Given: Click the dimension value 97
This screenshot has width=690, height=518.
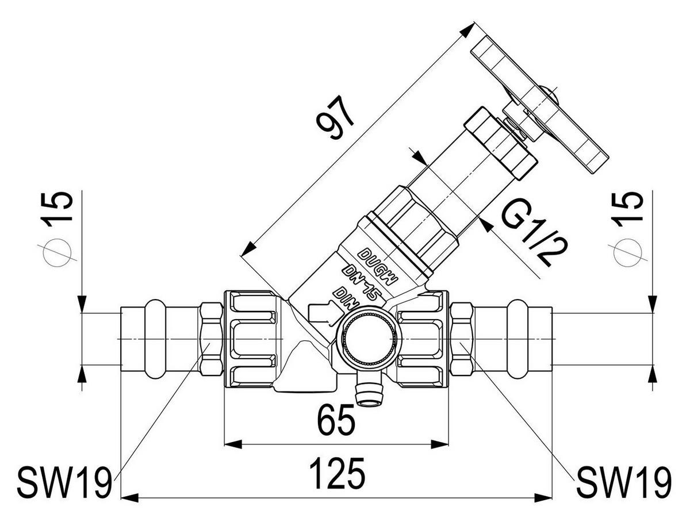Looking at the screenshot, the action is tap(335, 117).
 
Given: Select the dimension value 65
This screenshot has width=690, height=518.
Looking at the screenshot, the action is tap(336, 420).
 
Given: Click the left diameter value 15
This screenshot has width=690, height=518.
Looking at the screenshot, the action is tap(58, 209).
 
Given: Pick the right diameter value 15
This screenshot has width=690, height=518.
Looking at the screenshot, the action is tap(628, 209).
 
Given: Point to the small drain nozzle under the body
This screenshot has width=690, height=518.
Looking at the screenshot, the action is tap(369, 392).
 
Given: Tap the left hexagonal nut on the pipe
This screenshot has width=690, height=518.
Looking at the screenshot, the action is tap(211, 339).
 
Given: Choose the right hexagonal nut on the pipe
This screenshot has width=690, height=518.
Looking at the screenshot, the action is tap(462, 339).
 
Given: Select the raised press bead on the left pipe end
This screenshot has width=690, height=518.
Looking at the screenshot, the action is tap(156, 339).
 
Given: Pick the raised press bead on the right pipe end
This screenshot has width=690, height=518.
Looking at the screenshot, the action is tap(518, 339).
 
